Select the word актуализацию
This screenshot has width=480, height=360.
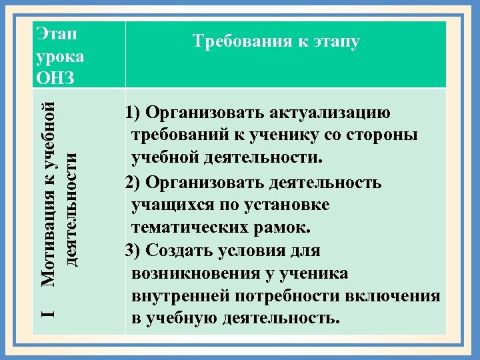[331, 112]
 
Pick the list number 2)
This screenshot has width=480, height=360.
[133, 182]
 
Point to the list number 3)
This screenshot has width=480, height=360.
[133, 251]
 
